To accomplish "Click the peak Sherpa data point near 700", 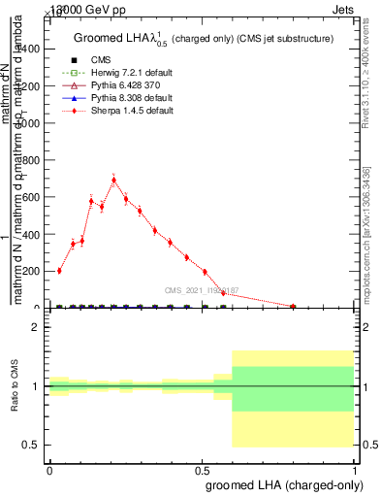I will point(114,180).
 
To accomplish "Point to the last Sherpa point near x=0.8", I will point(293,306).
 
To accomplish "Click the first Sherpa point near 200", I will point(59,271).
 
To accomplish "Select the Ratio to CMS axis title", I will point(15,386).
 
